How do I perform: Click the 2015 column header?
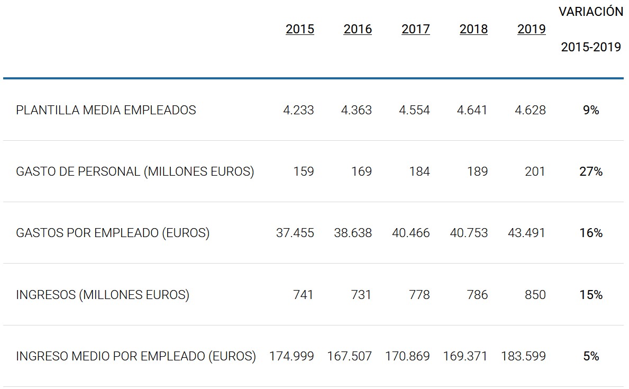tap(300, 29)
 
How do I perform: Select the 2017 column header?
tap(416, 29)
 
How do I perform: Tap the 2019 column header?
tap(531, 29)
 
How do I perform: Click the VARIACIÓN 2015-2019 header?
tap(591, 30)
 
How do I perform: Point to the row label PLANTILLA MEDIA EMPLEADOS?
tap(106, 110)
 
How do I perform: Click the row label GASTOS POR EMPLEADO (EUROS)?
tap(113, 233)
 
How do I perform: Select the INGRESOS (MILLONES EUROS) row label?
tap(103, 295)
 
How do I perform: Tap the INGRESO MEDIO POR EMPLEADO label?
tap(136, 356)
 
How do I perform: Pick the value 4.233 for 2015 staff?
tap(298, 110)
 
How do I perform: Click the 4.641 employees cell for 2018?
tap(472, 110)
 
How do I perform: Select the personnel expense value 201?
tap(535, 171)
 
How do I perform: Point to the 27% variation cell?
tap(591, 171)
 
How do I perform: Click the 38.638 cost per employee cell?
tap(353, 233)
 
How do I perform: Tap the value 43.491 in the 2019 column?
tap(523, 233)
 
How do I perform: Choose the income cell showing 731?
tap(361, 295)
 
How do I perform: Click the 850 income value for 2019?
tap(535, 295)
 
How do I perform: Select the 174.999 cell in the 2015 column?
tap(291, 356)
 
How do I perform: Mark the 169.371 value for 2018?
tap(466, 356)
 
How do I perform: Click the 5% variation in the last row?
tap(591, 356)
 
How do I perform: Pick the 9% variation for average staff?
tap(591, 110)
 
